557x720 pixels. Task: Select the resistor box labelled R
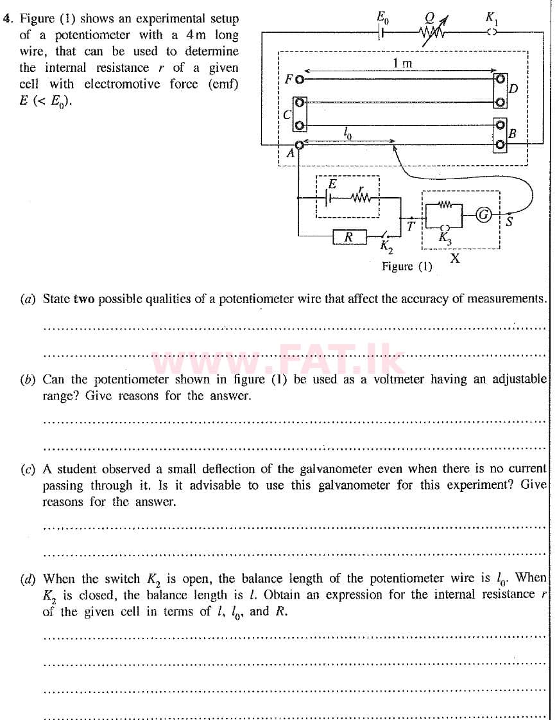349,237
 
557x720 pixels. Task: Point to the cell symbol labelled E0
383,32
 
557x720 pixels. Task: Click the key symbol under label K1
492,33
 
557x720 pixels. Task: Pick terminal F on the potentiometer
299,80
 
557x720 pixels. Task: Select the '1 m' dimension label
402,63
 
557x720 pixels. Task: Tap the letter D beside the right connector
513,89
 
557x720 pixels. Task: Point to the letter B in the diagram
512,134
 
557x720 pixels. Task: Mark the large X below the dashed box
454,258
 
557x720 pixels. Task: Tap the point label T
411,226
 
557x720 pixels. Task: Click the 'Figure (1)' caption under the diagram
407,266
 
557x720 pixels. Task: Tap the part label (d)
28,579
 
